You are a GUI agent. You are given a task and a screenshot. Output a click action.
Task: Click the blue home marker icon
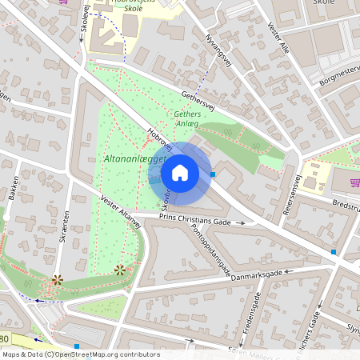click(x=180, y=173)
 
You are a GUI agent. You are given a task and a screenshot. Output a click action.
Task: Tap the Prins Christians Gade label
click(x=194, y=218)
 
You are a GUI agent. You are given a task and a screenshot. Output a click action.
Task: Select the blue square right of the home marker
click(x=213, y=173)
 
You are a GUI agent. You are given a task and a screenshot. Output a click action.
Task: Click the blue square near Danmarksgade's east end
click(x=334, y=252)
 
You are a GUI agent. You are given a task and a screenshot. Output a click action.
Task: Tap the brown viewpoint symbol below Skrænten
click(x=57, y=279)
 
